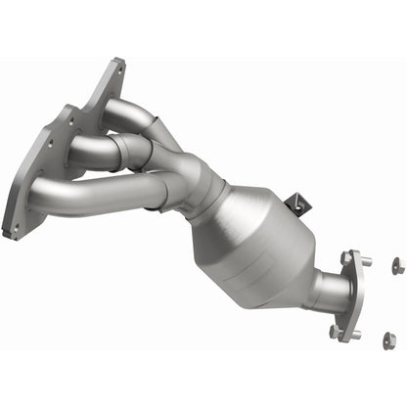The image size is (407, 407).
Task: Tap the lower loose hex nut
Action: (388, 339)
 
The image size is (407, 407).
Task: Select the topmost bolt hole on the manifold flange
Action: (118, 68)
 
